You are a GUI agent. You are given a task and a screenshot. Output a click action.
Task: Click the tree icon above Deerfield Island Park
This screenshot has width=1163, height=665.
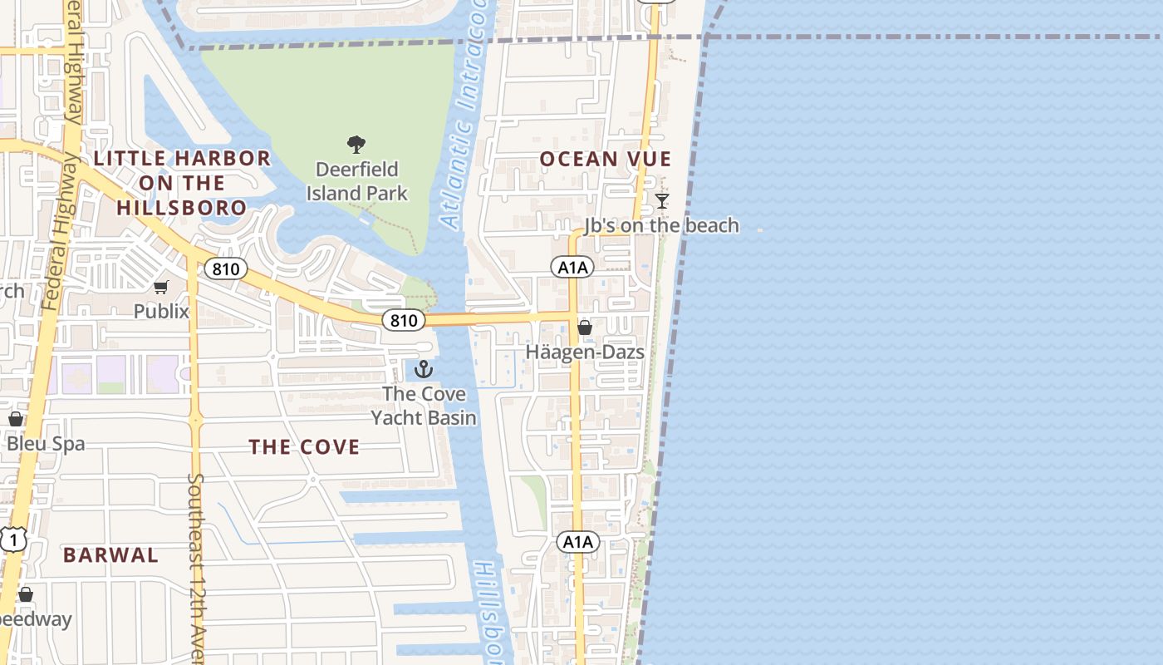click(356, 145)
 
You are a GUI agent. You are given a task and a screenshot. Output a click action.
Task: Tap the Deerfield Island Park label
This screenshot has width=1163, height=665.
click(357, 181)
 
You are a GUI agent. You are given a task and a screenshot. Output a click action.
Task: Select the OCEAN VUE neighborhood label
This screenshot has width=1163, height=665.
click(606, 159)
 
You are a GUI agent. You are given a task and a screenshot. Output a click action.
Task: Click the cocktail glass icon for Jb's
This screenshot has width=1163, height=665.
click(661, 201)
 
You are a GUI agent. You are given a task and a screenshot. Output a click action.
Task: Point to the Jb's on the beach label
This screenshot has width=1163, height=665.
click(661, 225)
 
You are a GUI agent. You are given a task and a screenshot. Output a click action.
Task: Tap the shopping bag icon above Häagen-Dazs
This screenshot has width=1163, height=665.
click(585, 328)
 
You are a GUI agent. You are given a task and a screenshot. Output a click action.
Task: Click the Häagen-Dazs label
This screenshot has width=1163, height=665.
click(585, 352)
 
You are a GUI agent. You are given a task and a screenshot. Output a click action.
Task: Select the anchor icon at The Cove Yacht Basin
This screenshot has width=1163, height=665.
click(424, 369)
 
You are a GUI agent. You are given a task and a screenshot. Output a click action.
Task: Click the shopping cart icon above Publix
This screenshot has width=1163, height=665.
click(161, 288)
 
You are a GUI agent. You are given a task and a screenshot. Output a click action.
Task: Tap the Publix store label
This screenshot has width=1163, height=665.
click(161, 311)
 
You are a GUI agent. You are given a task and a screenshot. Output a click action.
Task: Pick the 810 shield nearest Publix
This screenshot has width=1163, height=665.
click(226, 268)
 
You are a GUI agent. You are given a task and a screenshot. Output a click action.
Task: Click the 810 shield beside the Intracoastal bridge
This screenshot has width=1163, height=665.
click(404, 320)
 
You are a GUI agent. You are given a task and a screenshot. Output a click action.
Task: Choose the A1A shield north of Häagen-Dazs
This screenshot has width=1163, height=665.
click(572, 267)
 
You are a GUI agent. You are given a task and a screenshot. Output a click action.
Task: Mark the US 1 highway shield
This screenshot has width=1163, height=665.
click(13, 540)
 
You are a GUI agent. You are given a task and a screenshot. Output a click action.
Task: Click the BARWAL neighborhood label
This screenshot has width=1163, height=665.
click(110, 555)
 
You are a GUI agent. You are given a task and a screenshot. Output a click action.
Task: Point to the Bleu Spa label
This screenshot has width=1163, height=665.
click(46, 443)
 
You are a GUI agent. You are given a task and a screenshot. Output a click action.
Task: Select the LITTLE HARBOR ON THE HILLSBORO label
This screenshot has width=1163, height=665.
click(182, 183)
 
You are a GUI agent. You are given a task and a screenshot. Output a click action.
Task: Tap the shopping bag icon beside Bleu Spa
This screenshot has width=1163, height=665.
click(15, 419)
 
